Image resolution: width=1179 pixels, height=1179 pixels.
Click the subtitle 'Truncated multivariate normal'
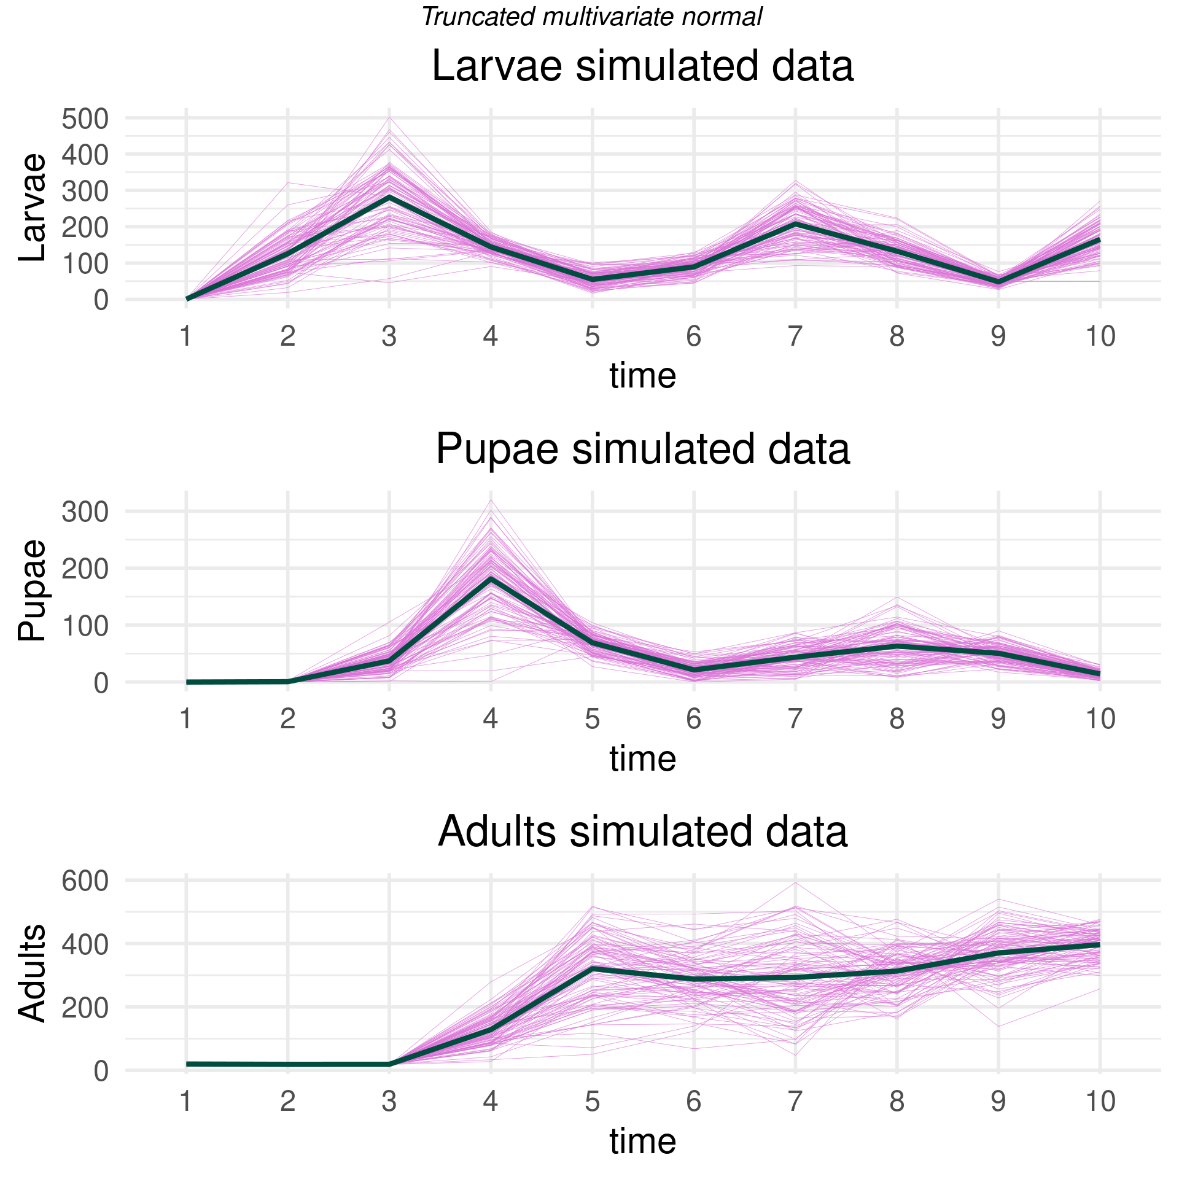click(x=592, y=17)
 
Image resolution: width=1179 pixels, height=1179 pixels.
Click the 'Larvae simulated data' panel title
click(x=642, y=66)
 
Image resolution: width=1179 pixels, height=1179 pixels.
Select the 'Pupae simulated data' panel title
click(x=642, y=449)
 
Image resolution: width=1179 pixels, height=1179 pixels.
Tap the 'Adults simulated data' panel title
click(x=642, y=832)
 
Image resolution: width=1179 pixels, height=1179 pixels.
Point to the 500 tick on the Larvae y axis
click(x=85, y=119)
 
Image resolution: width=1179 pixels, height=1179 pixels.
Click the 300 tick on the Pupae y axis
click(x=85, y=512)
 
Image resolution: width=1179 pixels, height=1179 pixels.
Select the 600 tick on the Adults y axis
click(x=85, y=882)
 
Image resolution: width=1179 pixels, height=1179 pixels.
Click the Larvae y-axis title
click(x=32, y=208)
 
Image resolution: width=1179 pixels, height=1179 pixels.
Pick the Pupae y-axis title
click(x=32, y=590)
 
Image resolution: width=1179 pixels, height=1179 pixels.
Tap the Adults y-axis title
click(x=32, y=973)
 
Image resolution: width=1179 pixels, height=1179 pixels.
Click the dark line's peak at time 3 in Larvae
click(x=389, y=196)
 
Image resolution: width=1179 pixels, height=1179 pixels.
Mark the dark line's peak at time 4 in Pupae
click(x=491, y=578)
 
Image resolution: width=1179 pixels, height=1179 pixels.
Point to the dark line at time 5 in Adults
click(x=593, y=968)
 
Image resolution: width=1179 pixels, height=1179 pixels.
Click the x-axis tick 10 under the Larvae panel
click(x=1100, y=337)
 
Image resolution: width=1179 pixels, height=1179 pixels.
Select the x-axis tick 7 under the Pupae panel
click(x=795, y=719)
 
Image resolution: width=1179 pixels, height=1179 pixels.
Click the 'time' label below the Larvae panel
click(x=642, y=376)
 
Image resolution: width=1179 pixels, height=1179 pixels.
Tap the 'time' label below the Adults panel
click(x=642, y=1142)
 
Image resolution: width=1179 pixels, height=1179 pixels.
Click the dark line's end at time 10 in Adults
click(x=1099, y=944)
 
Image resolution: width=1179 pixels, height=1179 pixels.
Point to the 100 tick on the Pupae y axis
click(x=85, y=626)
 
